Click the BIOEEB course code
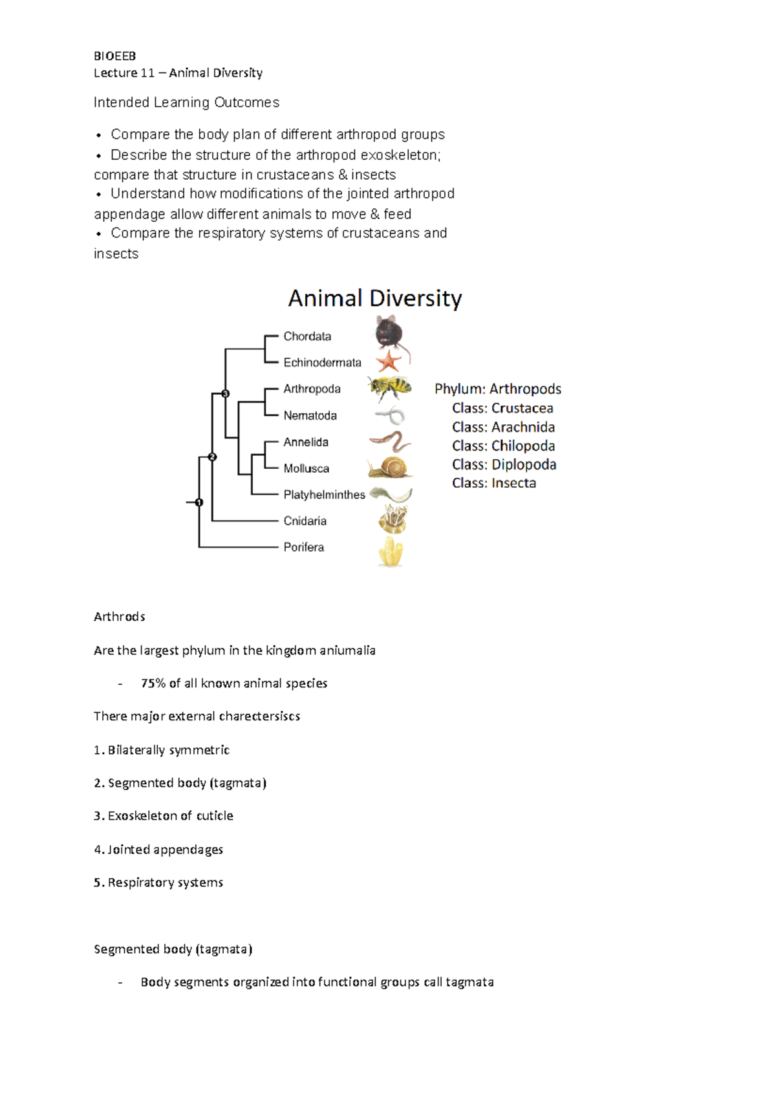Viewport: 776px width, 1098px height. click(x=114, y=56)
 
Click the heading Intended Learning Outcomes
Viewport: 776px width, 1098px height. click(x=186, y=102)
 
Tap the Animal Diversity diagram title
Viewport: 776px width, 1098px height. click(x=374, y=298)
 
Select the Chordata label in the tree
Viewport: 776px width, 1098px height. click(x=307, y=336)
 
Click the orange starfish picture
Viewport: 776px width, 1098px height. click(x=389, y=360)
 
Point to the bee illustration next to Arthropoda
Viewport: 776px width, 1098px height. click(x=390, y=388)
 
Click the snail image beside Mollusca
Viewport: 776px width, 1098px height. click(x=390, y=468)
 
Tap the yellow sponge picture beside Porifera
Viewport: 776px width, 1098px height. click(x=391, y=552)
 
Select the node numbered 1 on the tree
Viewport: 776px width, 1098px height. click(x=199, y=502)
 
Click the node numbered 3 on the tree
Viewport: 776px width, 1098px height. click(x=226, y=393)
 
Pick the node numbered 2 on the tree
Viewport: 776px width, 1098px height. click(x=212, y=457)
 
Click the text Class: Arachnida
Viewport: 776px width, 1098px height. click(x=503, y=427)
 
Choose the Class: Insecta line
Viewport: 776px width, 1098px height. click(x=494, y=483)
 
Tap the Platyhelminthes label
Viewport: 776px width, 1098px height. click(x=324, y=495)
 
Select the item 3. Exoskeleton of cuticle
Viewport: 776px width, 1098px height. click(x=164, y=816)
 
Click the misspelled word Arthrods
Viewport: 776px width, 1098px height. click(x=119, y=617)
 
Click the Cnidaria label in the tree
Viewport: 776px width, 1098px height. click(x=305, y=521)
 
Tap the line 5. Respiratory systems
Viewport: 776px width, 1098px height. click(x=158, y=883)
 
